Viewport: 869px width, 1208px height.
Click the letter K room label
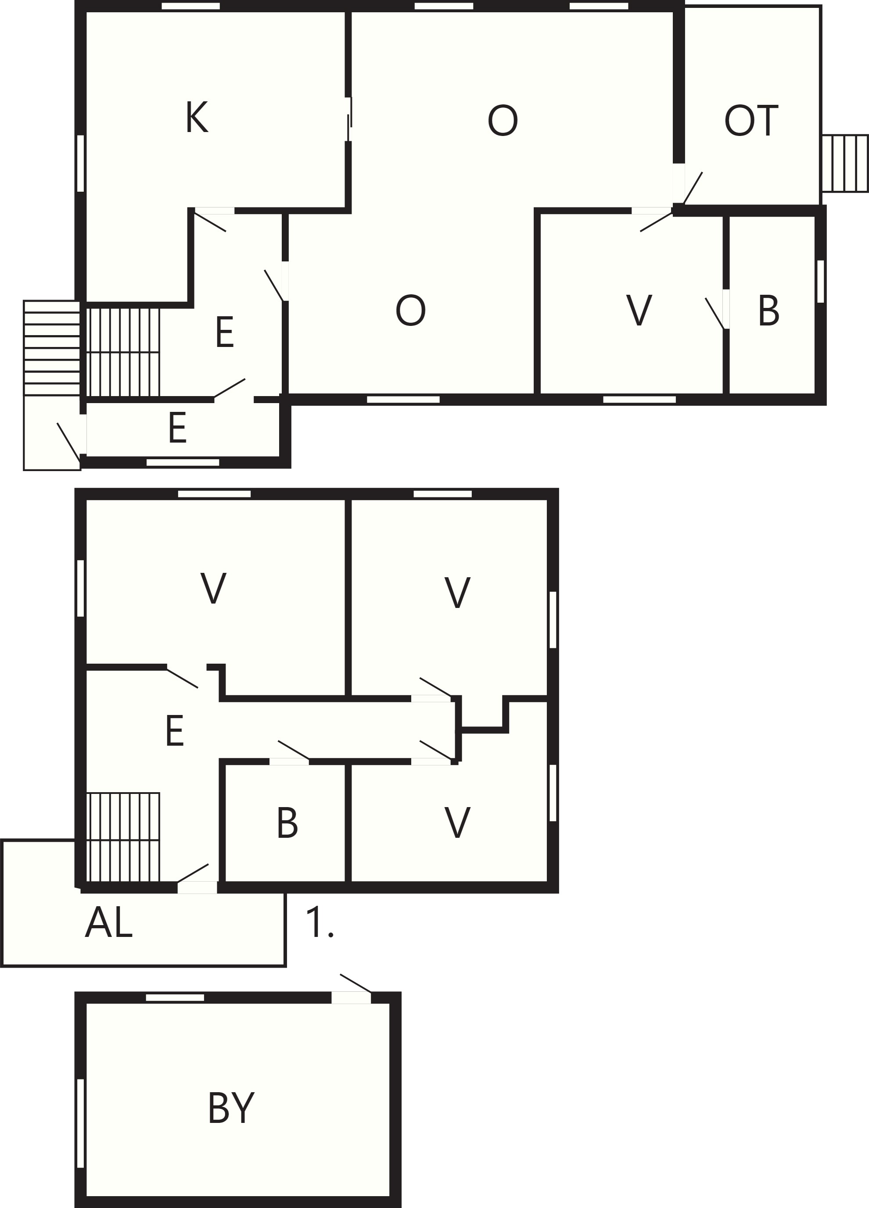[197, 117]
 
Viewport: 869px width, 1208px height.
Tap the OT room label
[751, 121]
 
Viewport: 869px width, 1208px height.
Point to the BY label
[231, 1108]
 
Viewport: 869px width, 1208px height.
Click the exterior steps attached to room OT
[845, 163]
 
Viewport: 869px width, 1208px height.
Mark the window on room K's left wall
[80, 163]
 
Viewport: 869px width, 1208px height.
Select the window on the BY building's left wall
[80, 1123]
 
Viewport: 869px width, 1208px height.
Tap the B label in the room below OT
[768, 311]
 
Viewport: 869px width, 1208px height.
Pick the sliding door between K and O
[348, 119]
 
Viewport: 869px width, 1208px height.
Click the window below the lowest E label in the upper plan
[183, 462]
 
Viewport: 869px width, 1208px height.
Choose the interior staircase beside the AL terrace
[123, 837]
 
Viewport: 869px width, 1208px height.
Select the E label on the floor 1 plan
[175, 731]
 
